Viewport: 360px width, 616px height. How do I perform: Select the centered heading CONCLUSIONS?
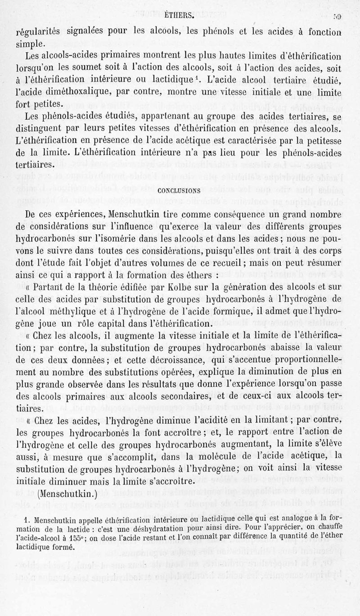(179, 190)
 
